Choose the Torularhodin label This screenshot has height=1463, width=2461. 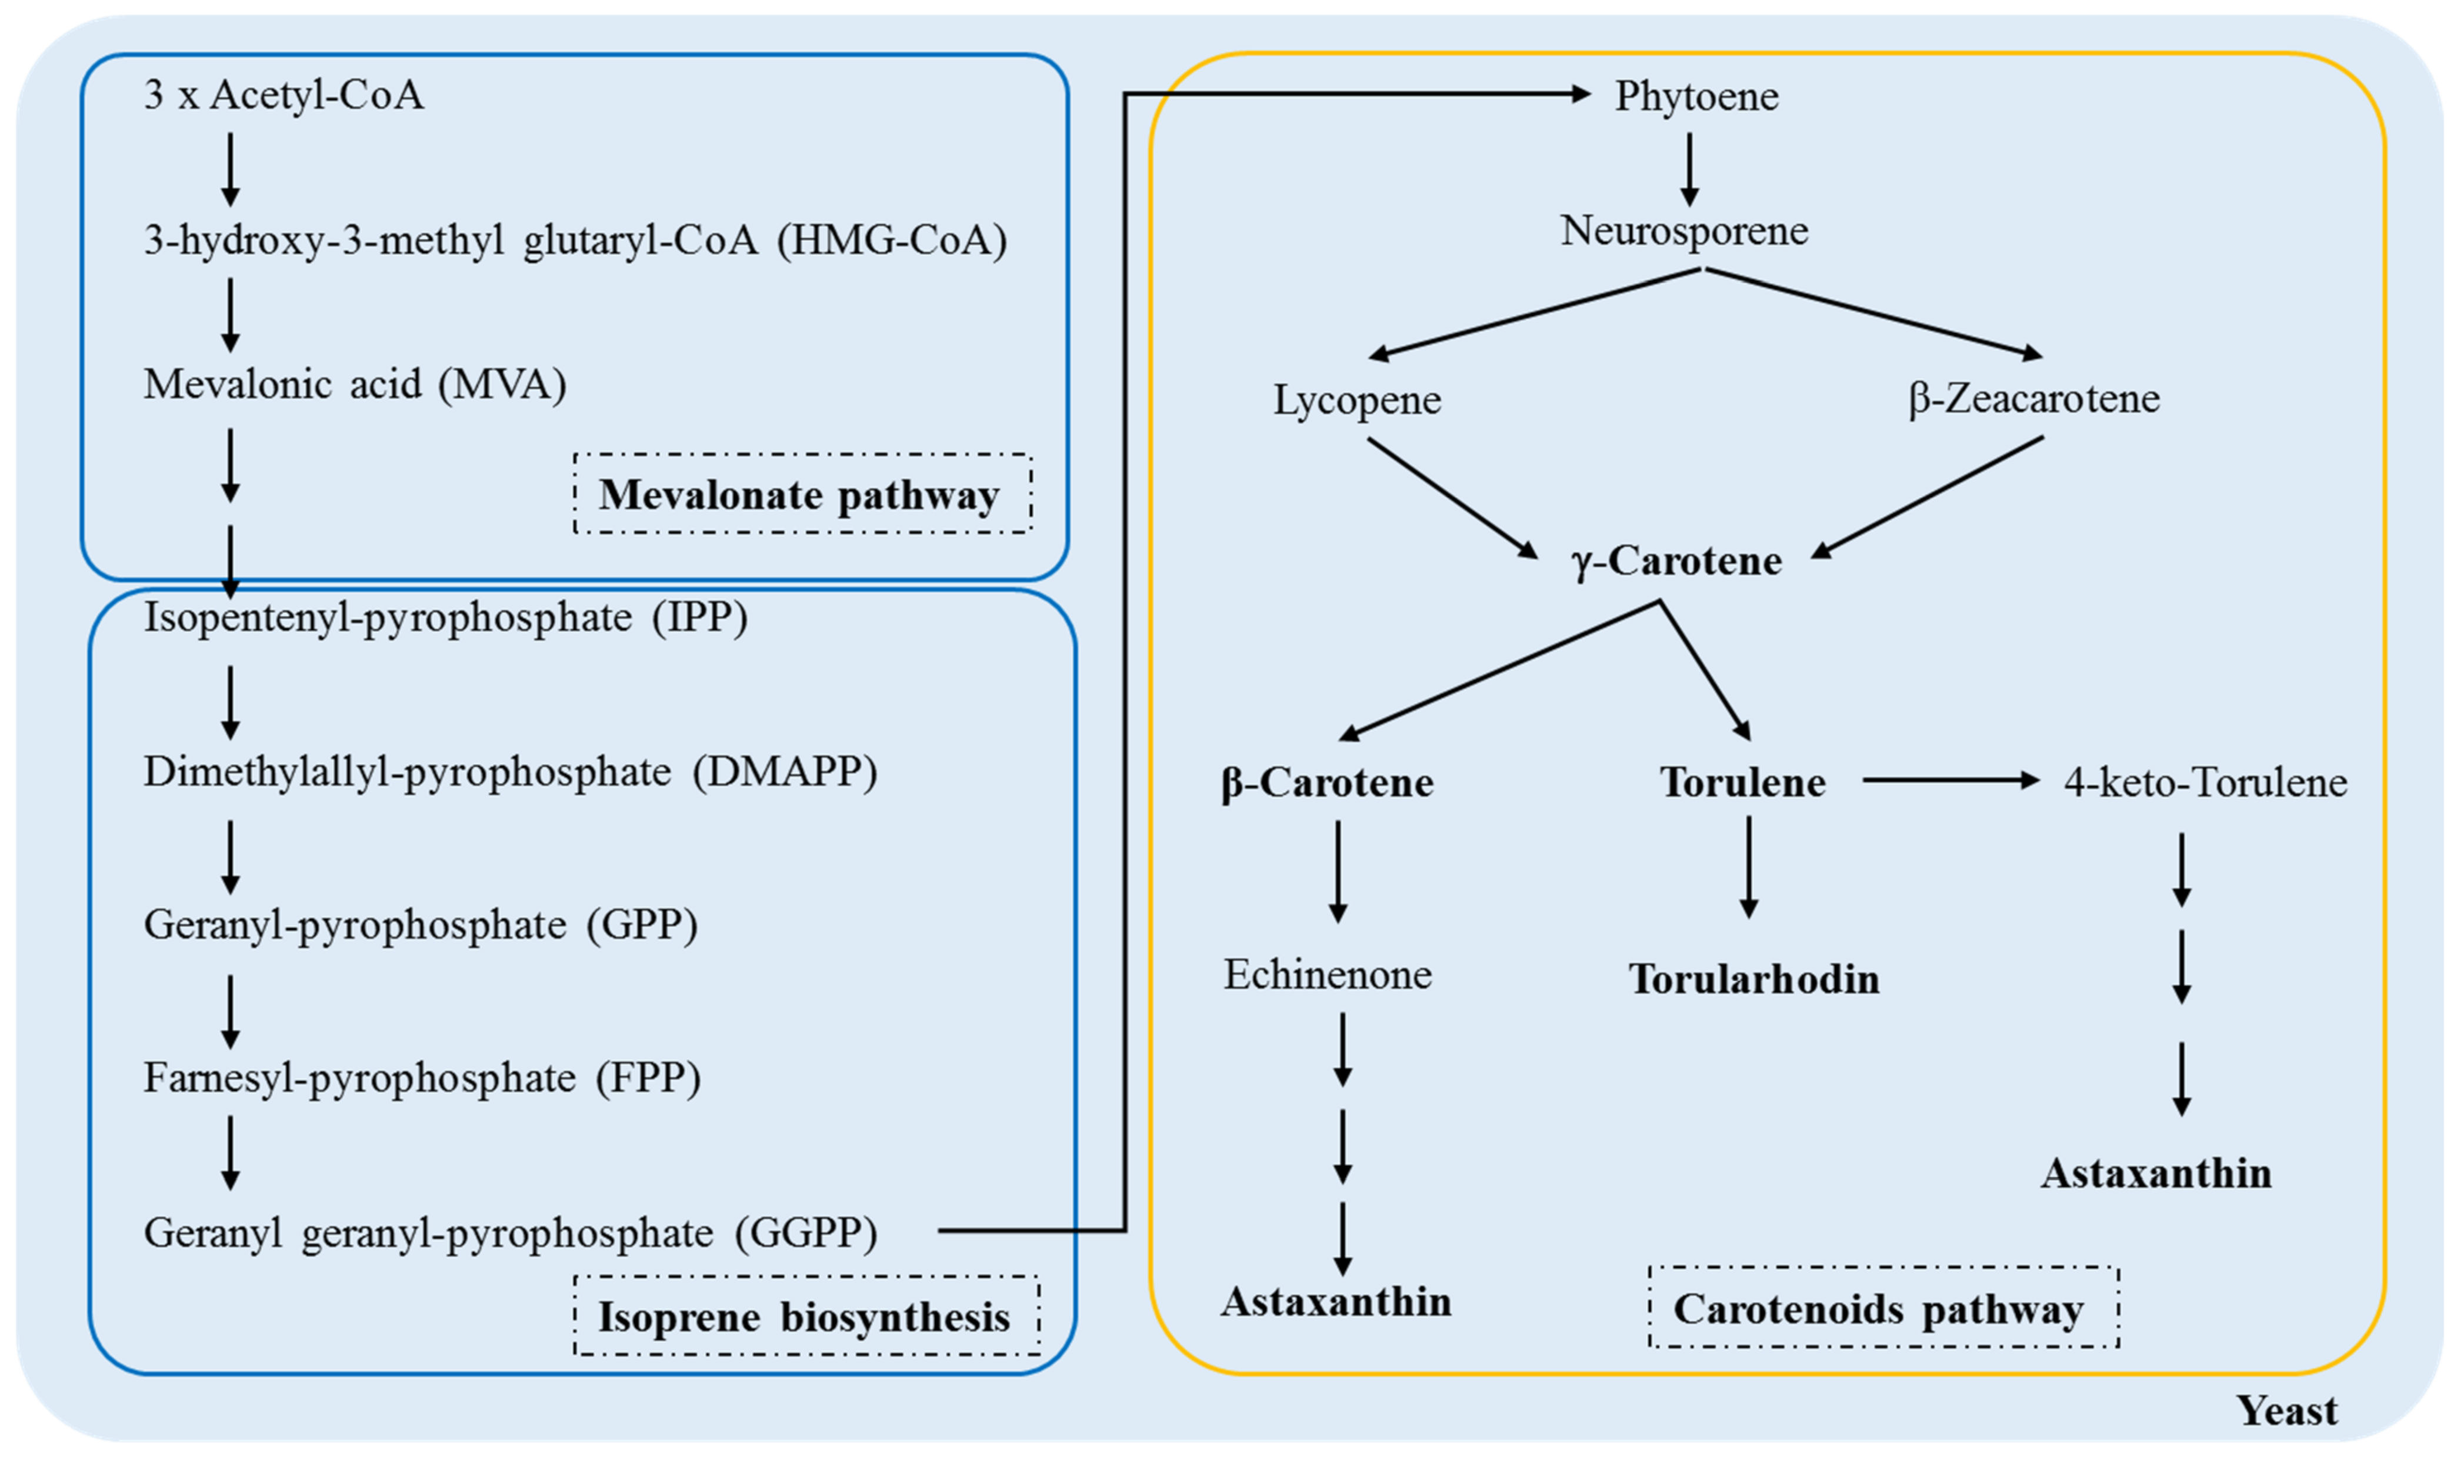1754,980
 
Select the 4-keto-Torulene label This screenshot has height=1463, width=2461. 2206,783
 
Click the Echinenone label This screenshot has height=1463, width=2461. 1328,975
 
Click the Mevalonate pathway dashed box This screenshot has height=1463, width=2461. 802,494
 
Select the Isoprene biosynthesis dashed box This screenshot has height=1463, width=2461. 806,1315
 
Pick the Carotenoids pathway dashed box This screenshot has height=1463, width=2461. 1883,1307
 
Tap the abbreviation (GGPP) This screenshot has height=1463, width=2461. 806,1232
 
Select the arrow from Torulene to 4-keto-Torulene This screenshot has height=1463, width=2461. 1950,781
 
